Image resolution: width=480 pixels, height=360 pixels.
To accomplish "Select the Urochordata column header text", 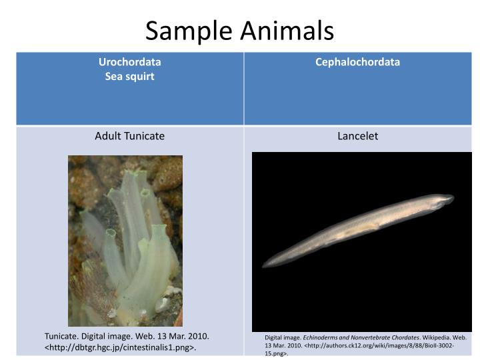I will click(x=130, y=62).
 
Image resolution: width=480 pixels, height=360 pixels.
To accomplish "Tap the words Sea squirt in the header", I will click(x=130, y=76).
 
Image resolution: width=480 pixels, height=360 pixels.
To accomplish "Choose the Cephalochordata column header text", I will click(x=357, y=62).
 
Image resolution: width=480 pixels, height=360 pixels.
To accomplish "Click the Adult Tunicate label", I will click(x=129, y=136).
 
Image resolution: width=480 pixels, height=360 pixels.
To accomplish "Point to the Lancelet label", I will click(x=357, y=136).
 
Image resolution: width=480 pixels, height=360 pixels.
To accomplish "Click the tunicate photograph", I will click(x=125, y=240).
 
